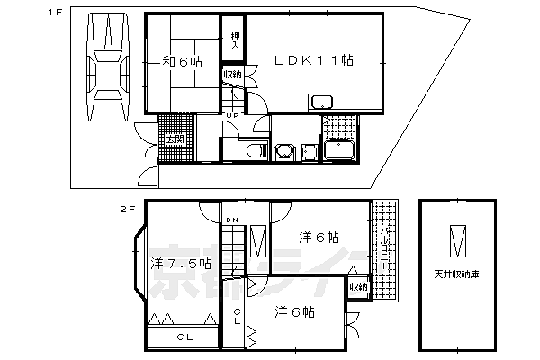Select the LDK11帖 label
point(314,60)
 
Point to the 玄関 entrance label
point(174,139)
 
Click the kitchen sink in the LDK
point(324,101)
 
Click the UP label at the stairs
point(232,115)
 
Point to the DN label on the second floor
point(232,220)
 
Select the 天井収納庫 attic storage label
point(459,274)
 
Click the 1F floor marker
point(56,13)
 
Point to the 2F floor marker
point(128,209)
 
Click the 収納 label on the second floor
point(357,287)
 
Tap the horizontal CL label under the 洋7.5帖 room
point(184,337)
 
